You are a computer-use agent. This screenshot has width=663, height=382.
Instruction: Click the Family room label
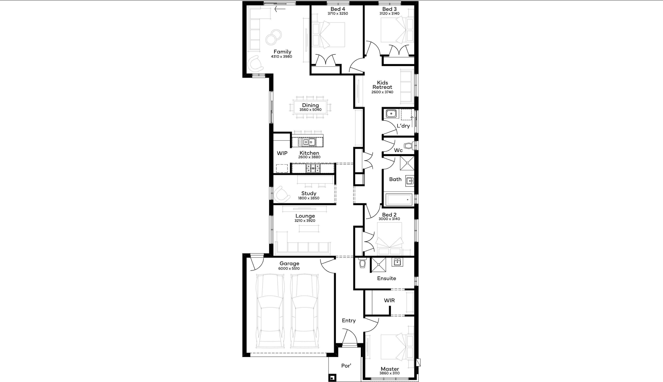pos(282,52)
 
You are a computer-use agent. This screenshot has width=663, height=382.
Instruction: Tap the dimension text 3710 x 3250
pos(338,14)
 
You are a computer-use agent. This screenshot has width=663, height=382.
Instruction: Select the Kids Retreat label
pos(382,85)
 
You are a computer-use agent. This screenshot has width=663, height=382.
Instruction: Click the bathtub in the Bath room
pos(398,199)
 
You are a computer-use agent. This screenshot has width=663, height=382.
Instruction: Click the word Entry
pos(349,321)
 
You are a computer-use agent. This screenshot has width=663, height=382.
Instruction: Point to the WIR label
pos(389,300)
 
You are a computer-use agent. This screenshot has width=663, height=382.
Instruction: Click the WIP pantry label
pos(282,153)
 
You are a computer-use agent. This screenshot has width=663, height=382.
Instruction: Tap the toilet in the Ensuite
pos(363,263)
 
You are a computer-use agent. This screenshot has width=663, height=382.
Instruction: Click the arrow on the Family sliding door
pos(280,9)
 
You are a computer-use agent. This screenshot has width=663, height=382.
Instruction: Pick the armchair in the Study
pos(281,194)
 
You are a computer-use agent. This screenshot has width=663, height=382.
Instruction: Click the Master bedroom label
pos(390,369)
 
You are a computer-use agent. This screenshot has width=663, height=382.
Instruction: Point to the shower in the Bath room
pos(407,163)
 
